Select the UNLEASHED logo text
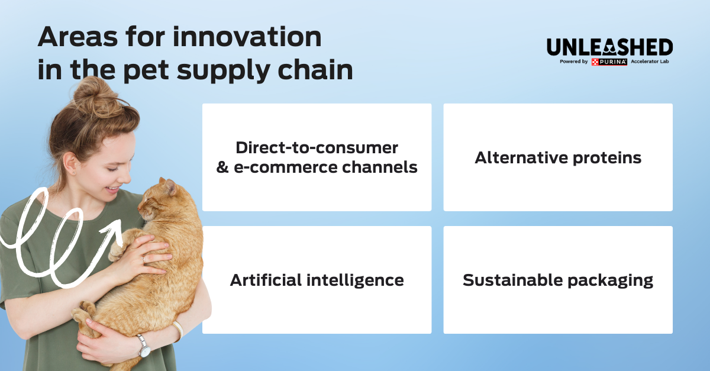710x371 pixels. click(x=609, y=47)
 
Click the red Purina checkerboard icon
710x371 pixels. click(x=595, y=62)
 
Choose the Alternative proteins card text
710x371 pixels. click(x=558, y=158)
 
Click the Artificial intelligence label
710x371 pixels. click(x=317, y=280)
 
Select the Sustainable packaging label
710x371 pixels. click(x=558, y=280)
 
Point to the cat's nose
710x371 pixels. click(x=140, y=204)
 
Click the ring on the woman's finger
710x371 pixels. click(x=144, y=259)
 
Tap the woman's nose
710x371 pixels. click(x=125, y=175)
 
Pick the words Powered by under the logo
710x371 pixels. click(x=573, y=62)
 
